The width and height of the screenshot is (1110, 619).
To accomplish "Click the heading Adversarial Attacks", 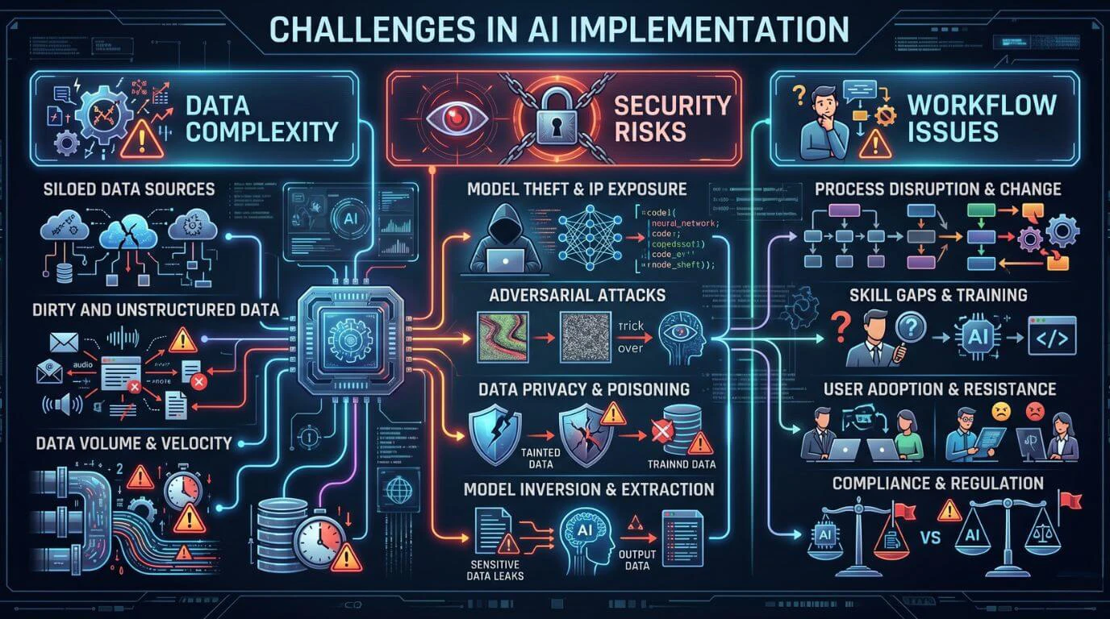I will coord(578,295).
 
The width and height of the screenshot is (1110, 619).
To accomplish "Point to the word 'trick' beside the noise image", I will coord(630,327).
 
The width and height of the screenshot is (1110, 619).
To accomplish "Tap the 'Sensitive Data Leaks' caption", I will coord(494,569).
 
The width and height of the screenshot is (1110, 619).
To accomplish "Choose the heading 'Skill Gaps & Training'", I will coord(938,295).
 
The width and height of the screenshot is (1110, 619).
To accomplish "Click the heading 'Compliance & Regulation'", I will coord(938,483).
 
